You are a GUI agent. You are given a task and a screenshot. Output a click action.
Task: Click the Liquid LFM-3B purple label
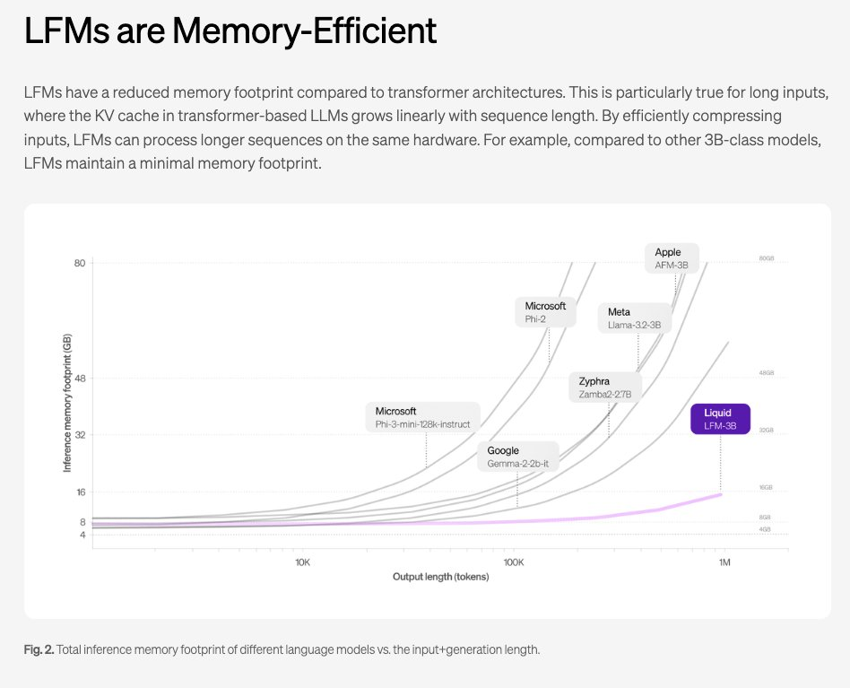click(720, 419)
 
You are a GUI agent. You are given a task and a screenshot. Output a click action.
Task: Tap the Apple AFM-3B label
click(672, 258)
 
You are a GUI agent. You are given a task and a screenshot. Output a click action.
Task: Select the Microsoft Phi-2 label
click(546, 311)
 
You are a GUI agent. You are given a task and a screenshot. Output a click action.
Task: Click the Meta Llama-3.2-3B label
click(634, 318)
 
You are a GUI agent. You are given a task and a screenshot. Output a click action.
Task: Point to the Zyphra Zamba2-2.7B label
click(605, 388)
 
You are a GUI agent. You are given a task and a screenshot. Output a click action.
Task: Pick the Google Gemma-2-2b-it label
click(518, 457)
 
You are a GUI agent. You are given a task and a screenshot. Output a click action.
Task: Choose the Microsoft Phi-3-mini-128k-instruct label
click(422, 417)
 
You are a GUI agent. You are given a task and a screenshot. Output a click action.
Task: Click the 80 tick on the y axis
click(79, 263)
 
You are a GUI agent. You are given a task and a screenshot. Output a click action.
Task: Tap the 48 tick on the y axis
click(79, 379)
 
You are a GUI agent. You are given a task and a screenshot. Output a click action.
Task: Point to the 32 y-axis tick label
click(79, 435)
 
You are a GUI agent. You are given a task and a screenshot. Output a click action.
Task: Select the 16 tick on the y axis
click(79, 492)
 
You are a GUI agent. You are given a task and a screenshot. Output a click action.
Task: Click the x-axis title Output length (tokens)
click(441, 577)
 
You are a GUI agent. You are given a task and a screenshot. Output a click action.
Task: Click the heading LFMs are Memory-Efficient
click(230, 31)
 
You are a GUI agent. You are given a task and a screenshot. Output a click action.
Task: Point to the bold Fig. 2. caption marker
click(39, 649)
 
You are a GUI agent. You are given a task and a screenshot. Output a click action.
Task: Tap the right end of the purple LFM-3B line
click(721, 494)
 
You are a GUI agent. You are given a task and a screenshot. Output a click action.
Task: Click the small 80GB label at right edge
click(766, 258)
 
